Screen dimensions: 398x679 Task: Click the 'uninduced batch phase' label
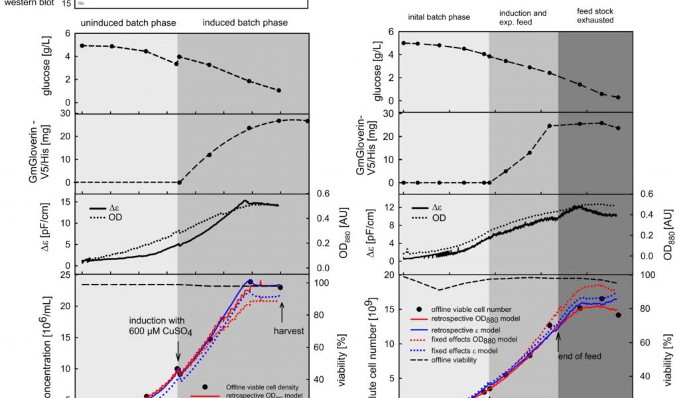(x=129, y=23)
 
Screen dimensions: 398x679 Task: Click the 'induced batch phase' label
(x=245, y=23)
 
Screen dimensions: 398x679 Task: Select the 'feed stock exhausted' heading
(x=591, y=16)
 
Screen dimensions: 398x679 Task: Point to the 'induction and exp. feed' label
(x=523, y=17)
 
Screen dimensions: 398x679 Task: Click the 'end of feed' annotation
(x=580, y=356)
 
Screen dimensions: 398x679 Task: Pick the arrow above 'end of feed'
(x=558, y=340)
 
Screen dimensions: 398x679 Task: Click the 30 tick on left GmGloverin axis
(x=66, y=113)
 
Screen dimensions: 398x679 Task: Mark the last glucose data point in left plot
(x=279, y=90)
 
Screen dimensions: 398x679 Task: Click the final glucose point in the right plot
(x=618, y=98)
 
